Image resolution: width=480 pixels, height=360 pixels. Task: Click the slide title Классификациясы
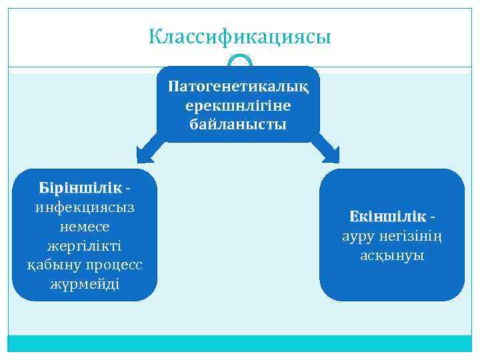tap(240, 36)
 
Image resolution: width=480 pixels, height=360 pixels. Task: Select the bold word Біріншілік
tap(81, 187)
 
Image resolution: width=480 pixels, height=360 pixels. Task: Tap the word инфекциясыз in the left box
tap(85, 207)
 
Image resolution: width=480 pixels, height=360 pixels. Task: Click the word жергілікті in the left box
tap(85, 245)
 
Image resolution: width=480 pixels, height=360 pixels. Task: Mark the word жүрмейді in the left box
tap(85, 284)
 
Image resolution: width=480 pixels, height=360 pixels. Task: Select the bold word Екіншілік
tap(387, 217)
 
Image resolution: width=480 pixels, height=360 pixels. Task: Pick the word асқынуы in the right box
tap(392, 255)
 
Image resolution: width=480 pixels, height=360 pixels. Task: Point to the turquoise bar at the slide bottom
tap(240, 343)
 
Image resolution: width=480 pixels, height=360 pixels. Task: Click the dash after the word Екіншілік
tap(434, 217)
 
